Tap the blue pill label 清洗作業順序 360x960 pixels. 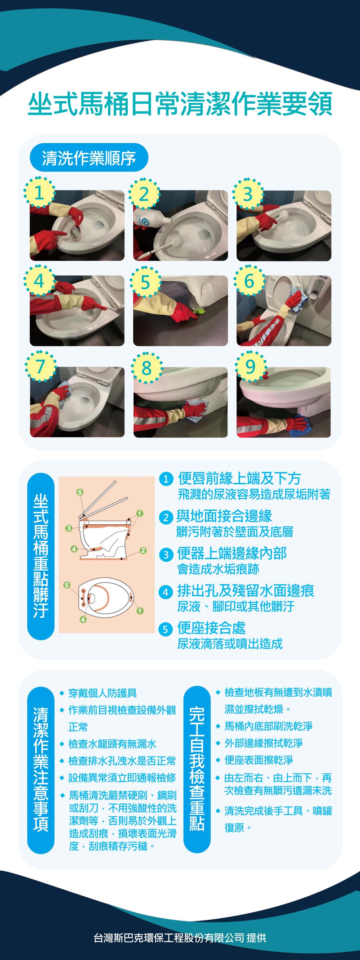click(89, 158)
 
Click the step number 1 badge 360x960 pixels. click(39, 193)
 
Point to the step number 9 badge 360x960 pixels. click(251, 367)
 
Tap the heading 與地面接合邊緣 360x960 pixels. click(224, 516)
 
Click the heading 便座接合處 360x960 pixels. click(211, 628)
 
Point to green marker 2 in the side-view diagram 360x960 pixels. click(143, 551)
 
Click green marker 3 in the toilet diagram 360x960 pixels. click(68, 528)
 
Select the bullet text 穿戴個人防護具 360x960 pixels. click(103, 693)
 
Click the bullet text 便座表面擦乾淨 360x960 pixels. click(258, 760)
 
